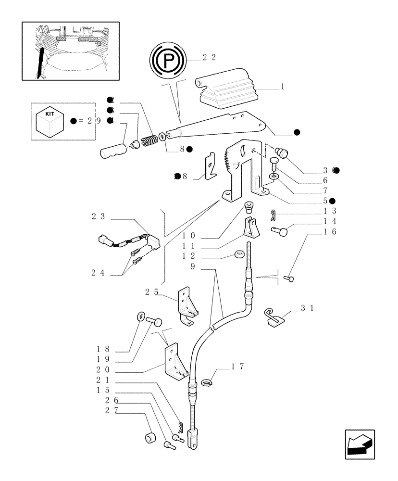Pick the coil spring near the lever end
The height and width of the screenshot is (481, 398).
[x=150, y=141]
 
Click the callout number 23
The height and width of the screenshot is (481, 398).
[x=98, y=216]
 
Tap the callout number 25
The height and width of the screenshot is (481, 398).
[x=151, y=291]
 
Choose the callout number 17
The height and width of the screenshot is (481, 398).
[x=237, y=367]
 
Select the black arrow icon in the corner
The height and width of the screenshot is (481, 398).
[x=360, y=444]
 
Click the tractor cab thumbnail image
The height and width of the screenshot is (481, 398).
[x=71, y=51]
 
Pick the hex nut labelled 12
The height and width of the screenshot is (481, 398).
[x=239, y=254]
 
